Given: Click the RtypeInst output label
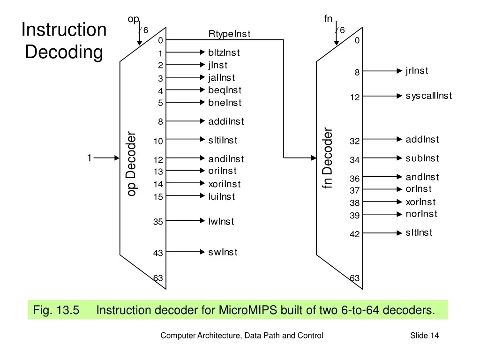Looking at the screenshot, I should (x=229, y=34).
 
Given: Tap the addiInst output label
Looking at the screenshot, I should (x=226, y=121).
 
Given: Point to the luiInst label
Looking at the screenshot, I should (x=222, y=196).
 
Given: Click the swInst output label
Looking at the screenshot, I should (x=223, y=252).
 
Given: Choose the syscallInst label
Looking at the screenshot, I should (x=428, y=96).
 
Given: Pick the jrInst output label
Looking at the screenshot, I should (x=417, y=71).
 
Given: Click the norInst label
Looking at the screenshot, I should (x=421, y=214).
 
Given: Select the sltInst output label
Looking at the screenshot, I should (x=419, y=232).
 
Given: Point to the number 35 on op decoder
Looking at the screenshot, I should (x=158, y=222).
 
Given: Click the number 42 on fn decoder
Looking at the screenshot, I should (x=354, y=234).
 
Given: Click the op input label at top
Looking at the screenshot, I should (x=134, y=19).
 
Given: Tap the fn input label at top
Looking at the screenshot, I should (x=328, y=19).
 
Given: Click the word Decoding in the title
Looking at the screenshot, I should (x=64, y=52).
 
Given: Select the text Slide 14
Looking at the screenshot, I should (x=424, y=335).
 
